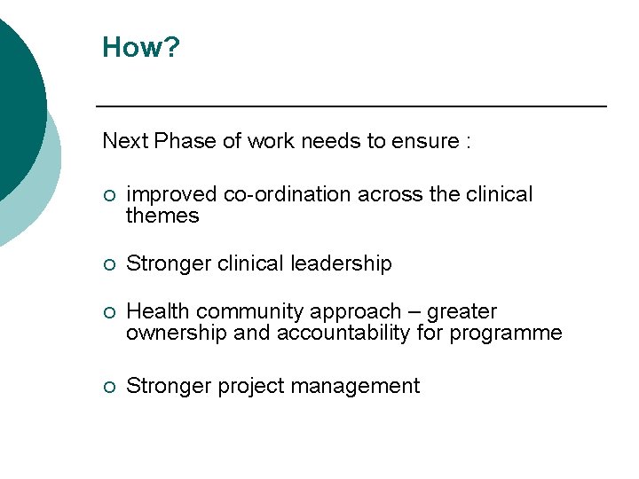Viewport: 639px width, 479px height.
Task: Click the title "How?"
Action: click(141, 47)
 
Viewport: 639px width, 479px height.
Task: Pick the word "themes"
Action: click(162, 216)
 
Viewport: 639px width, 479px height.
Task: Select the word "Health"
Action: click(158, 311)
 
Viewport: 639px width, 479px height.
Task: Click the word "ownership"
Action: click(170, 334)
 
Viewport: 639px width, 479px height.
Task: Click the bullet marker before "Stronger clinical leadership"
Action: click(108, 264)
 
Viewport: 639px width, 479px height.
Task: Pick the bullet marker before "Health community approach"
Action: click(108, 312)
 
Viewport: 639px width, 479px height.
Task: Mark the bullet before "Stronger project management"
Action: click(108, 387)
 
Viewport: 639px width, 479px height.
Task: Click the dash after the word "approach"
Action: click(414, 312)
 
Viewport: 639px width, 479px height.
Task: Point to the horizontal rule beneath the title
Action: click(351, 106)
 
